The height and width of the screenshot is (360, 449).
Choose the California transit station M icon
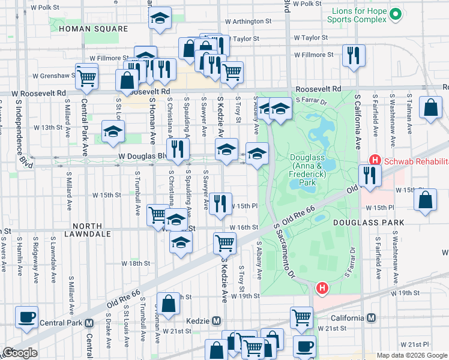click(372, 318)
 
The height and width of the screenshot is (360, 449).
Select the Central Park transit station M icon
click(89, 322)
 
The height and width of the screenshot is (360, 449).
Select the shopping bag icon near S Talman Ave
click(431, 109)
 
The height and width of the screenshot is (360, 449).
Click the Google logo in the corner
click(20, 353)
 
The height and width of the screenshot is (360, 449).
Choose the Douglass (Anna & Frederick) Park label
click(307, 170)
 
